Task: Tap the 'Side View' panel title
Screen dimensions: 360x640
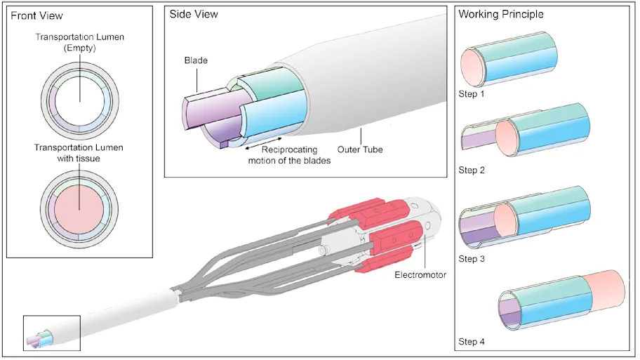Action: [x=194, y=15]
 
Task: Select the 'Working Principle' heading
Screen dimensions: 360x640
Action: [x=500, y=14]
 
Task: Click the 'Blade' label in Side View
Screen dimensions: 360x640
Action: [x=196, y=61]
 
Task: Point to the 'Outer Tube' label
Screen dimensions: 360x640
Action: [x=359, y=149]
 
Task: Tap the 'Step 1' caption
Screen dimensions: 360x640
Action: [x=472, y=93]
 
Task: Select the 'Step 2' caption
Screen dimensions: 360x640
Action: [x=472, y=170]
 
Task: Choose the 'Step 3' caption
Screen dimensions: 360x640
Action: [x=472, y=259]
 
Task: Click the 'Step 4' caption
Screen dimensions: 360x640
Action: [x=472, y=342]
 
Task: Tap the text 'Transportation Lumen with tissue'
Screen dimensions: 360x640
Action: [x=79, y=152]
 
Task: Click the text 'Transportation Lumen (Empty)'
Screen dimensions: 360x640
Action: [x=79, y=44]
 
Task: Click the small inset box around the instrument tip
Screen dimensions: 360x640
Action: [x=52, y=333]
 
